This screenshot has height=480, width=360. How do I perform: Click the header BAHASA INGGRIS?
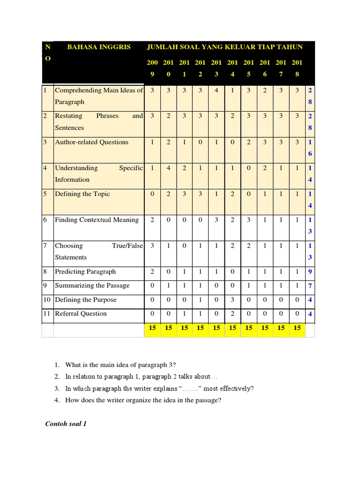coord(99,47)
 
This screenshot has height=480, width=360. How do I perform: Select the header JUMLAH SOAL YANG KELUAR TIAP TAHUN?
coord(225,47)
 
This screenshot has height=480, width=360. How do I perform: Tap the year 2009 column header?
coord(152,68)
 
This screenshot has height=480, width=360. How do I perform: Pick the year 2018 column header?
coord(296,68)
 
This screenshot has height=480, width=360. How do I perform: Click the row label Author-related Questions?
coord(91,142)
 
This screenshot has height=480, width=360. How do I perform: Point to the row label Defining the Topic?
coord(82,194)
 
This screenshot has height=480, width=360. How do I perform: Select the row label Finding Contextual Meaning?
coord(97,220)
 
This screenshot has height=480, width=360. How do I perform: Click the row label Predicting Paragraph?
coord(85,272)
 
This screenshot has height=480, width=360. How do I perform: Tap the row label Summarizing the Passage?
coord(92,286)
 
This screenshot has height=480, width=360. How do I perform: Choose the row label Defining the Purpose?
coord(85,300)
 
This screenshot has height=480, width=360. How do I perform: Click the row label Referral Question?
coord(81,314)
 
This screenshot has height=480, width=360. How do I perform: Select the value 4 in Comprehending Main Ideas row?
coord(216,90)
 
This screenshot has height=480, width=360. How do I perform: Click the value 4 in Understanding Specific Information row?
coord(168,168)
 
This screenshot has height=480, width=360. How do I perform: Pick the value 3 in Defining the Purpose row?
coord(232,300)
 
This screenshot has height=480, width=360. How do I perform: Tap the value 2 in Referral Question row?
coord(232,314)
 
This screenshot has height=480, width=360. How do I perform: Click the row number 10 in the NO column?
coord(47,300)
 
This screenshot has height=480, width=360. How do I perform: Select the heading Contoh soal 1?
coord(66,424)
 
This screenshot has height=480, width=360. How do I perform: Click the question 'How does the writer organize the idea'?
coord(143,401)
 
